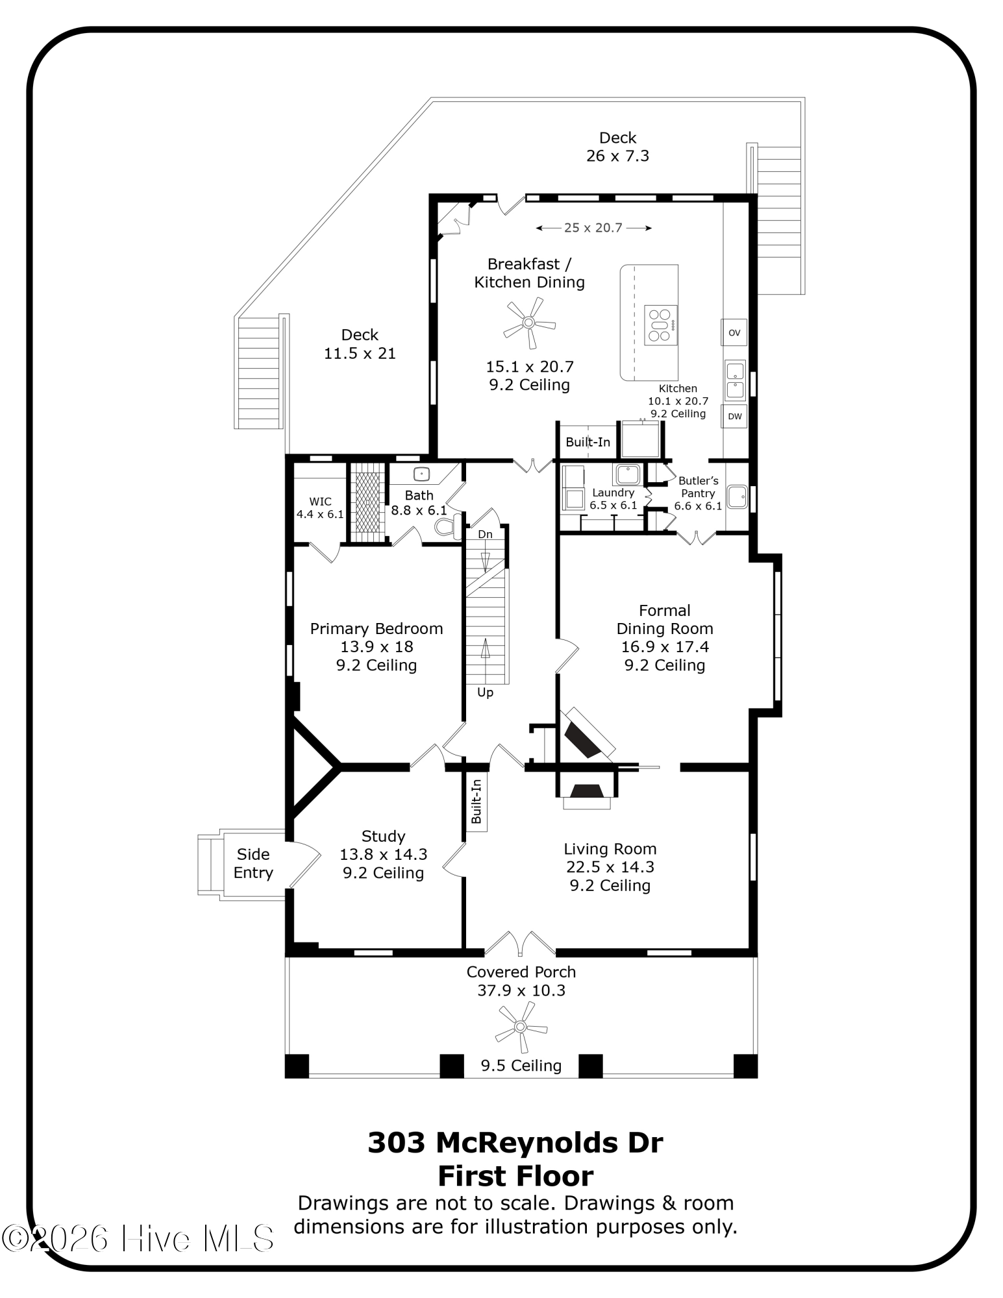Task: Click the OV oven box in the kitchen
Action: [734, 332]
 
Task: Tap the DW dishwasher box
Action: [734, 416]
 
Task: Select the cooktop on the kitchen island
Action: [661, 324]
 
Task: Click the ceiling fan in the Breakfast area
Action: [530, 322]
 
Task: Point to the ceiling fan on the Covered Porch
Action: [521, 1027]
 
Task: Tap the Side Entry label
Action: [253, 863]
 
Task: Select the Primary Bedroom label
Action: [377, 628]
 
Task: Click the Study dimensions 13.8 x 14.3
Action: [384, 855]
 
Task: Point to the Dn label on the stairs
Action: [485, 534]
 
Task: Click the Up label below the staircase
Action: [485, 692]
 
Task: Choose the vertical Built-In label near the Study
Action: [477, 802]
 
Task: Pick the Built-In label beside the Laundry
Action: [588, 442]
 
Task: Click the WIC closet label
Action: [320, 502]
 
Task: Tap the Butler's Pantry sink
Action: [737, 498]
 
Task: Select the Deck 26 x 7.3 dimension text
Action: [617, 156]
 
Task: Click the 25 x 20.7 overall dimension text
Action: [593, 228]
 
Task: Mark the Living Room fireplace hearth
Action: [587, 803]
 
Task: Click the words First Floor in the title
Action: [516, 1176]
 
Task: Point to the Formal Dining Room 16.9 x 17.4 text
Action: [665, 646]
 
